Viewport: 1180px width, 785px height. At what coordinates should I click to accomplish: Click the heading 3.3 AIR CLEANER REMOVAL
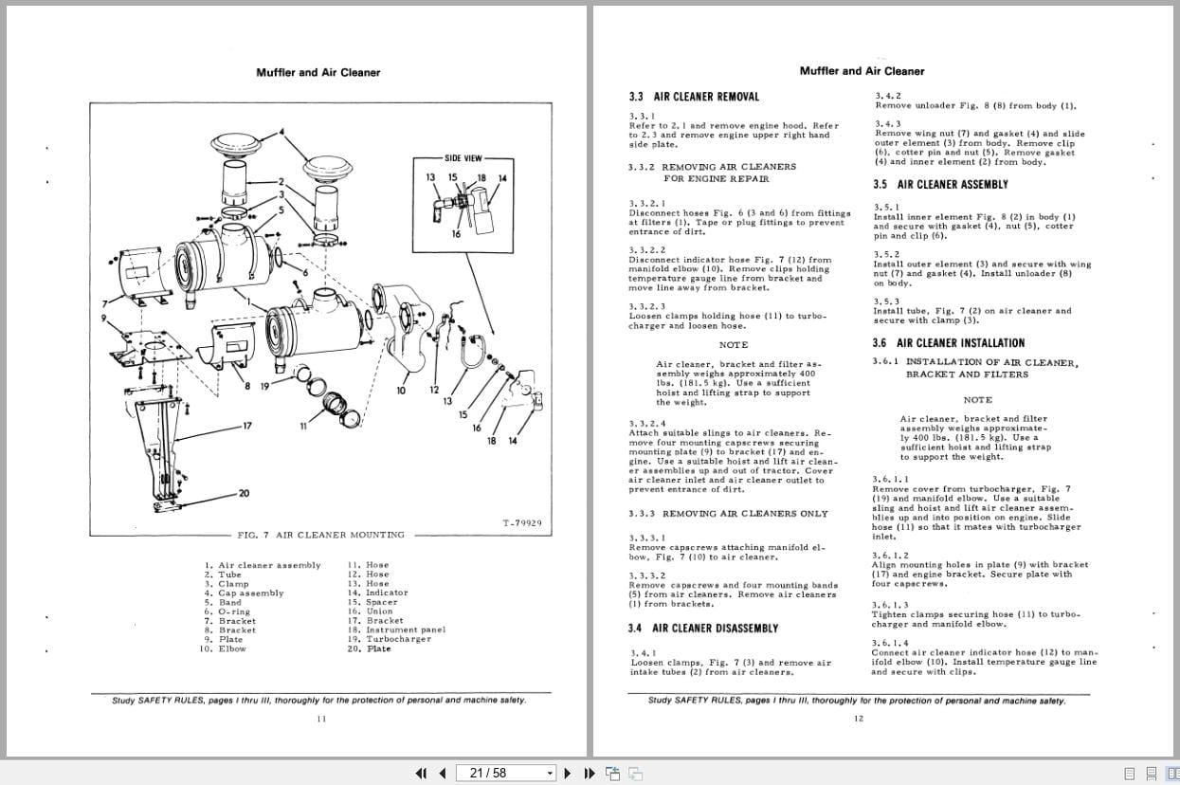tap(694, 97)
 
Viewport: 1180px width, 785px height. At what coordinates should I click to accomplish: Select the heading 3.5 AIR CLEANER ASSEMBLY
tap(940, 185)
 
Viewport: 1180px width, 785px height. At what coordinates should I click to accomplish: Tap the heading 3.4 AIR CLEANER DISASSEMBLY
tap(702, 629)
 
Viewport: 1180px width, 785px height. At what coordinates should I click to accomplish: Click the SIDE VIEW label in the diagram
tap(463, 158)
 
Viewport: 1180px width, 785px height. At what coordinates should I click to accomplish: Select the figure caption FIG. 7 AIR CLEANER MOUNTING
tap(320, 535)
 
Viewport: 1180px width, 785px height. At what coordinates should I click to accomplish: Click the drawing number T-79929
tap(521, 523)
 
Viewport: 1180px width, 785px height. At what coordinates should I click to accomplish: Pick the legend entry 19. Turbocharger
tap(389, 639)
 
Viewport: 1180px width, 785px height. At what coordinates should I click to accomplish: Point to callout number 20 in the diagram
tap(245, 493)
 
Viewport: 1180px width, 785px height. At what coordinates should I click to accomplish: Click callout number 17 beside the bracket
tap(246, 426)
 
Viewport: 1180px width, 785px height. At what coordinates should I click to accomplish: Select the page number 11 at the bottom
tap(320, 719)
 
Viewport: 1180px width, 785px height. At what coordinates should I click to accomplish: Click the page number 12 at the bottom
tap(858, 719)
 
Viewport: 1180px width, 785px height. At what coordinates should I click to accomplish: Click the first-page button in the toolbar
tap(422, 773)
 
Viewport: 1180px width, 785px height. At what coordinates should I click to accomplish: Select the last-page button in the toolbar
tap(589, 773)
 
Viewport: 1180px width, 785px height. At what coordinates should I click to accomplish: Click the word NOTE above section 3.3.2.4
tap(733, 345)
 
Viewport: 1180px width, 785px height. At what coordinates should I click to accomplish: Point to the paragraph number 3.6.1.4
tap(890, 643)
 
